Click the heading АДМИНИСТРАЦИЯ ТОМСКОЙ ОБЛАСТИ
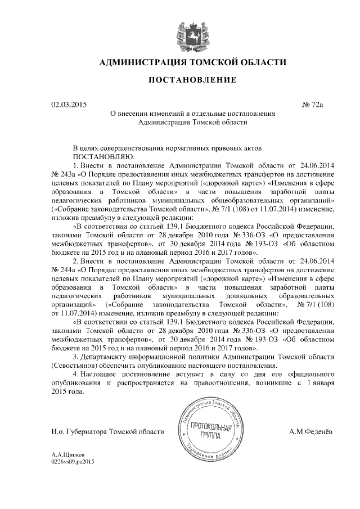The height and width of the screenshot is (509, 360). tap(192, 62)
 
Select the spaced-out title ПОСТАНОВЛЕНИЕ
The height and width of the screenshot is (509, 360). tap(192, 80)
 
